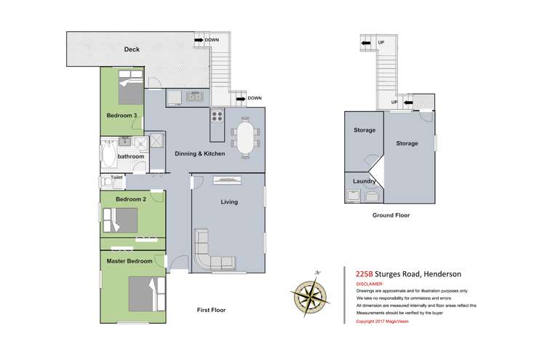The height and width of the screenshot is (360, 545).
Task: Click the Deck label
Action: (x=131, y=49)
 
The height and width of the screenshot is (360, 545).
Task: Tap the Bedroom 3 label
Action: (x=121, y=116)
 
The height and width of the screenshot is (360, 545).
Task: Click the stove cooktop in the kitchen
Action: (x=216, y=116)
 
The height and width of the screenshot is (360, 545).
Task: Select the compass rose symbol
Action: (x=309, y=294)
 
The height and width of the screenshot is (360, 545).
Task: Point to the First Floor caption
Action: (x=211, y=311)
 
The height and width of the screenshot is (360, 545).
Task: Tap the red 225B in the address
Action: (x=363, y=274)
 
